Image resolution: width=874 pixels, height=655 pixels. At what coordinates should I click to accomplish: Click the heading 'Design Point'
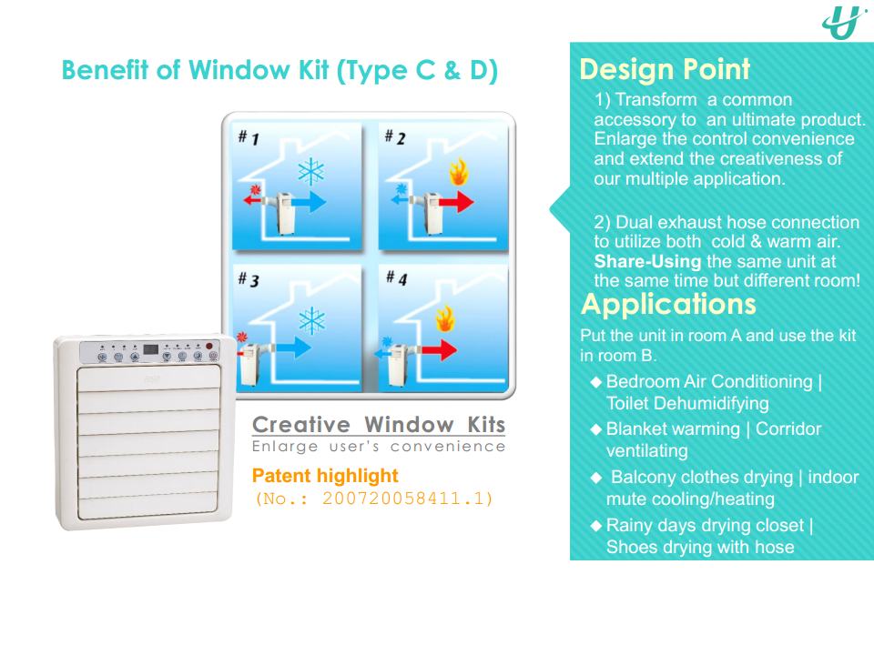tap(665, 70)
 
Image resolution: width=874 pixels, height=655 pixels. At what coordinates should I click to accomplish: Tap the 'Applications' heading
tap(668, 304)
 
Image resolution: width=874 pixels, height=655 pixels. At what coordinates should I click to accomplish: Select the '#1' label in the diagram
tap(249, 137)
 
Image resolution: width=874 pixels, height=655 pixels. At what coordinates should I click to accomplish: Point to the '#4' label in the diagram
tap(396, 277)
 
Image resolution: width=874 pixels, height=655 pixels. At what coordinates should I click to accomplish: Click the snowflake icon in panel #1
tap(311, 171)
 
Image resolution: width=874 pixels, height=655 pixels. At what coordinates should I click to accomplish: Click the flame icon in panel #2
tap(458, 172)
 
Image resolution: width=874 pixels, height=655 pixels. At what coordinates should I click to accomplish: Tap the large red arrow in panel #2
tap(456, 201)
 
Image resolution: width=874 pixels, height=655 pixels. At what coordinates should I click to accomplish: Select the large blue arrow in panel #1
tap(309, 201)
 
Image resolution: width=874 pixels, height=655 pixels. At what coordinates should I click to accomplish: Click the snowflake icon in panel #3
tap(312, 320)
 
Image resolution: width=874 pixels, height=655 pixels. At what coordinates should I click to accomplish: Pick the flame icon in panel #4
tap(444, 319)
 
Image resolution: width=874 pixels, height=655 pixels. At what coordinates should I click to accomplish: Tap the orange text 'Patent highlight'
tap(325, 476)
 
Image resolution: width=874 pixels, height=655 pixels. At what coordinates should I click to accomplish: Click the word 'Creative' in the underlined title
tap(301, 425)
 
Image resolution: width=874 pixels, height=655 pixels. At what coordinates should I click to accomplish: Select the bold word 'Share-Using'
tap(647, 261)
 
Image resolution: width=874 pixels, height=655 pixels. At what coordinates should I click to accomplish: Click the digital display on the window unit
tap(150, 349)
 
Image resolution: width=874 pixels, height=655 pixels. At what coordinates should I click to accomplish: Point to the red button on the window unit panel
tap(209, 346)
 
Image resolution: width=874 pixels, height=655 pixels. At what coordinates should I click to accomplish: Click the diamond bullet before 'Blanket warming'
tap(596, 428)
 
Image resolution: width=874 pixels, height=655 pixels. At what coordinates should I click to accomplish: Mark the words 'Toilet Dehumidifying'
tap(688, 403)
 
